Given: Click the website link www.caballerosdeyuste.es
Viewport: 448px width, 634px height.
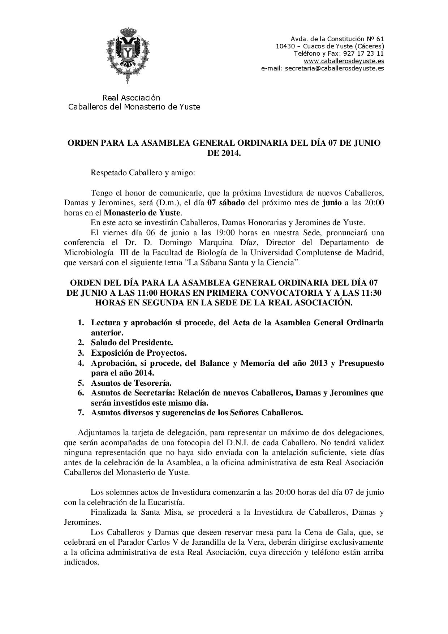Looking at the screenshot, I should [x=344, y=61].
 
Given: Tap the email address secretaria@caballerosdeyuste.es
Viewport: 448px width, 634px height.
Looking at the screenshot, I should [x=334, y=68].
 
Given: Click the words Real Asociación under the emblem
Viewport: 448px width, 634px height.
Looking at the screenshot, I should [x=131, y=98].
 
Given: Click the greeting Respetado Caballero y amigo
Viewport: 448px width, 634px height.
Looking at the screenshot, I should [x=143, y=173].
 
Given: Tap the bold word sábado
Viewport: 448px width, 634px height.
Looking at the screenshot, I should [x=231, y=202].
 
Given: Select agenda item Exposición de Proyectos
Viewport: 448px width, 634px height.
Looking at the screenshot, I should [x=139, y=352].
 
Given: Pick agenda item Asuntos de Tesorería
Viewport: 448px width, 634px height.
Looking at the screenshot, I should [x=131, y=382].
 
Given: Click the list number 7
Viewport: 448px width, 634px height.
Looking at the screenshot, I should [x=81, y=412].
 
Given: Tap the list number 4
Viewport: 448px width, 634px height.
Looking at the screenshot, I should [x=81, y=363].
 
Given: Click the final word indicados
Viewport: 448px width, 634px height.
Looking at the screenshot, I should [x=81, y=562].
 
